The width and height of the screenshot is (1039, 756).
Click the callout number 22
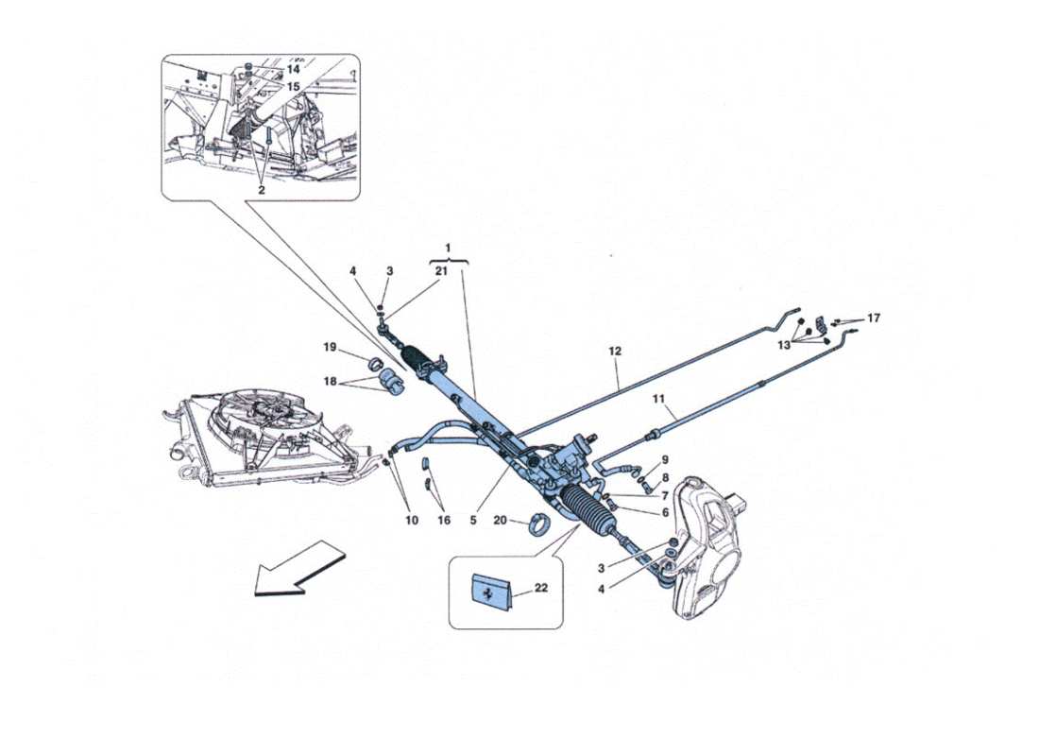click(x=541, y=588)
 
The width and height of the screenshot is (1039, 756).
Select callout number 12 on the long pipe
click(x=615, y=352)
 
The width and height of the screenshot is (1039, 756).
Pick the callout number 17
click(x=873, y=318)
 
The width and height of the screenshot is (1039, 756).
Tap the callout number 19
click(x=331, y=348)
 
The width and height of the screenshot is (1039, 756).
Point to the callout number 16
click(x=443, y=520)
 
